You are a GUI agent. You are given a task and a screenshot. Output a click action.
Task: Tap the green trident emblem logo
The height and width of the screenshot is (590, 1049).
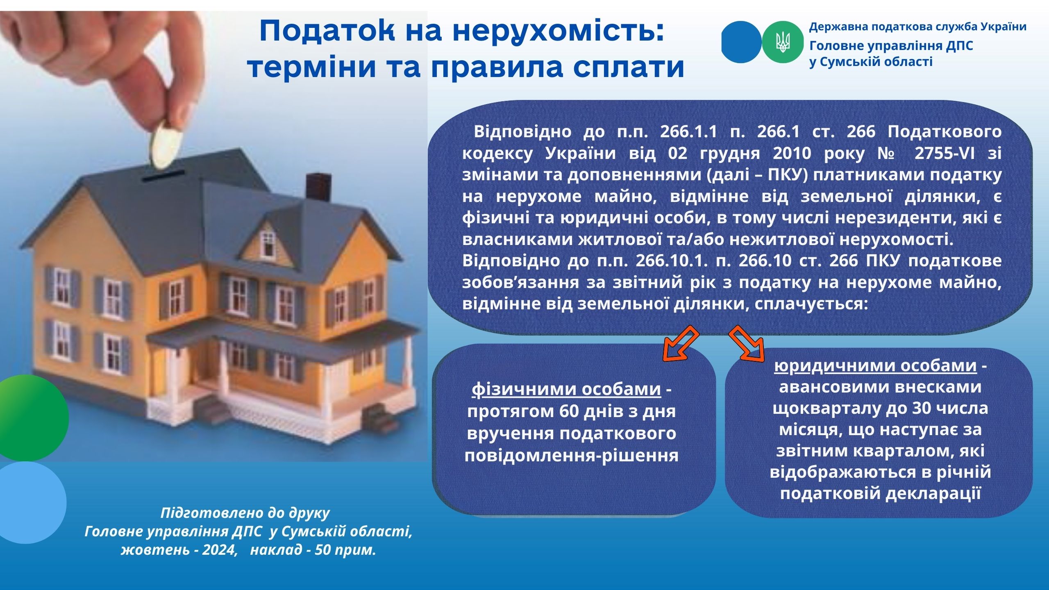783,42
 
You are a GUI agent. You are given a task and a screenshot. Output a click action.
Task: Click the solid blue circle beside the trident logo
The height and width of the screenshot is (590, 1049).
742,42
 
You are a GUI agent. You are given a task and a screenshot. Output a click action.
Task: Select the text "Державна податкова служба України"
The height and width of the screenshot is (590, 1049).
918,27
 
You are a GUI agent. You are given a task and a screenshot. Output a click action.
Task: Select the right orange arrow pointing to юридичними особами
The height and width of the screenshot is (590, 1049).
747,343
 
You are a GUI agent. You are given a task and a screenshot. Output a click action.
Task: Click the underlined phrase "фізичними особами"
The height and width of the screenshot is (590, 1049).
567,389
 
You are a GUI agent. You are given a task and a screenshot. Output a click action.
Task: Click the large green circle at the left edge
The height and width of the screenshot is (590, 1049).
29,418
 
